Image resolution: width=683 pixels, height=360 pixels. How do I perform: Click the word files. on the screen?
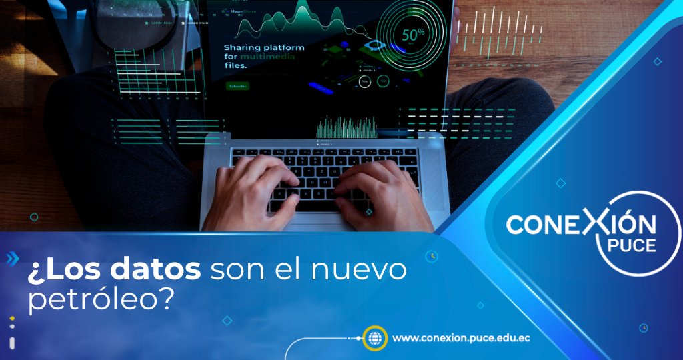(235, 66)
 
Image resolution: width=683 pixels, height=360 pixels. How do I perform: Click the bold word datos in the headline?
(163, 271)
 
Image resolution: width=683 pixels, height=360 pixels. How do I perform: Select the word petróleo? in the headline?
(101, 299)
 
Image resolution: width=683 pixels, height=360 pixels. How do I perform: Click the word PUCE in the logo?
(632, 245)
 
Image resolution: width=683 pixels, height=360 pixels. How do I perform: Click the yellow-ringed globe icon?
(374, 338)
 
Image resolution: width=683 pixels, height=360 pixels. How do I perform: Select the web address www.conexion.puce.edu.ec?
(461, 338)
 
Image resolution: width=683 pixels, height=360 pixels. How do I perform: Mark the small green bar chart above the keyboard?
(346, 127)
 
